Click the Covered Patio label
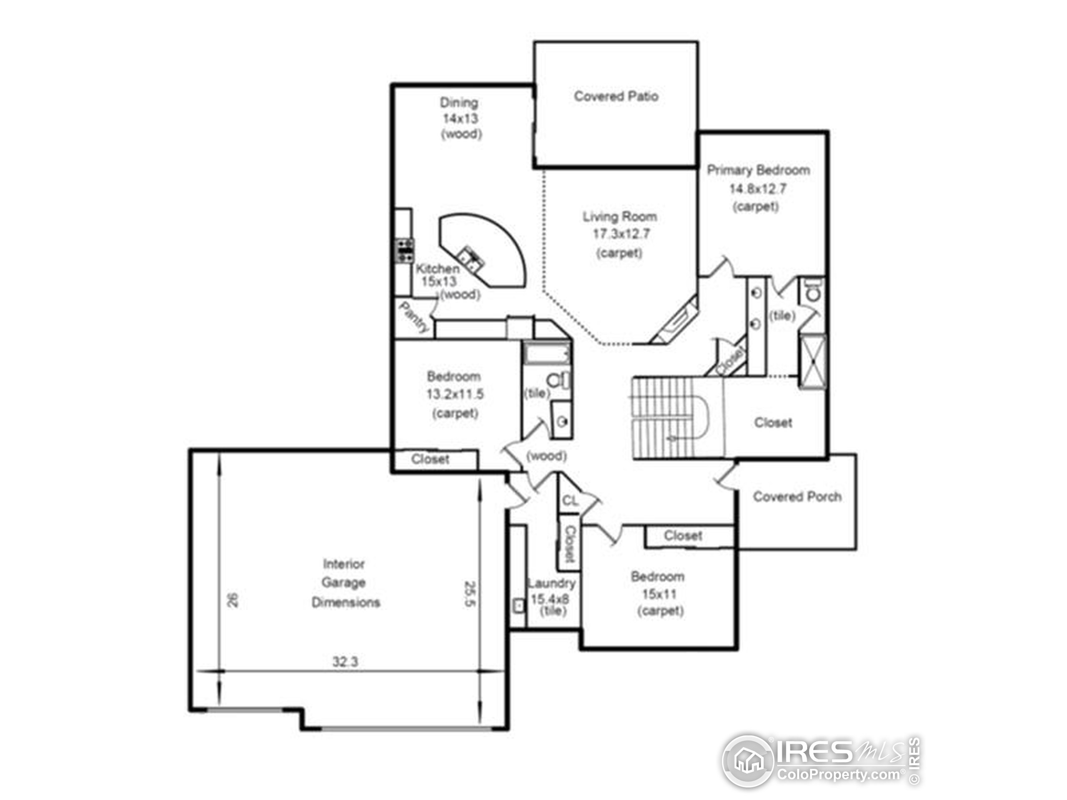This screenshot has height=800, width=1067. click(x=616, y=96)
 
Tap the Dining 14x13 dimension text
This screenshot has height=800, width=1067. click(x=461, y=118)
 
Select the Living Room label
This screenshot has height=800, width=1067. click(x=619, y=217)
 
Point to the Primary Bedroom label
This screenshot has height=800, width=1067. click(x=758, y=170)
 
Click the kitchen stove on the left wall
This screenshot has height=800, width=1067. click(x=404, y=250)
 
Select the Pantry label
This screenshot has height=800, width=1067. click(x=414, y=317)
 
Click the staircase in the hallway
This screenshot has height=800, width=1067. click(x=671, y=417)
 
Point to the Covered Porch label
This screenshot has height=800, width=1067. click(x=797, y=497)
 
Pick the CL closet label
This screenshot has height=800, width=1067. click(x=570, y=500)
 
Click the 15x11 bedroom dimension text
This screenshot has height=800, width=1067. click(x=659, y=594)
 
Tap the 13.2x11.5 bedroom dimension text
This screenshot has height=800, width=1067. click(x=454, y=395)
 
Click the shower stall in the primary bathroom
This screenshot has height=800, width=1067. click(x=813, y=360)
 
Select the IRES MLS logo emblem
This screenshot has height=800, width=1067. click(x=748, y=761)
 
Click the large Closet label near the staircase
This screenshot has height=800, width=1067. click(x=773, y=423)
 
